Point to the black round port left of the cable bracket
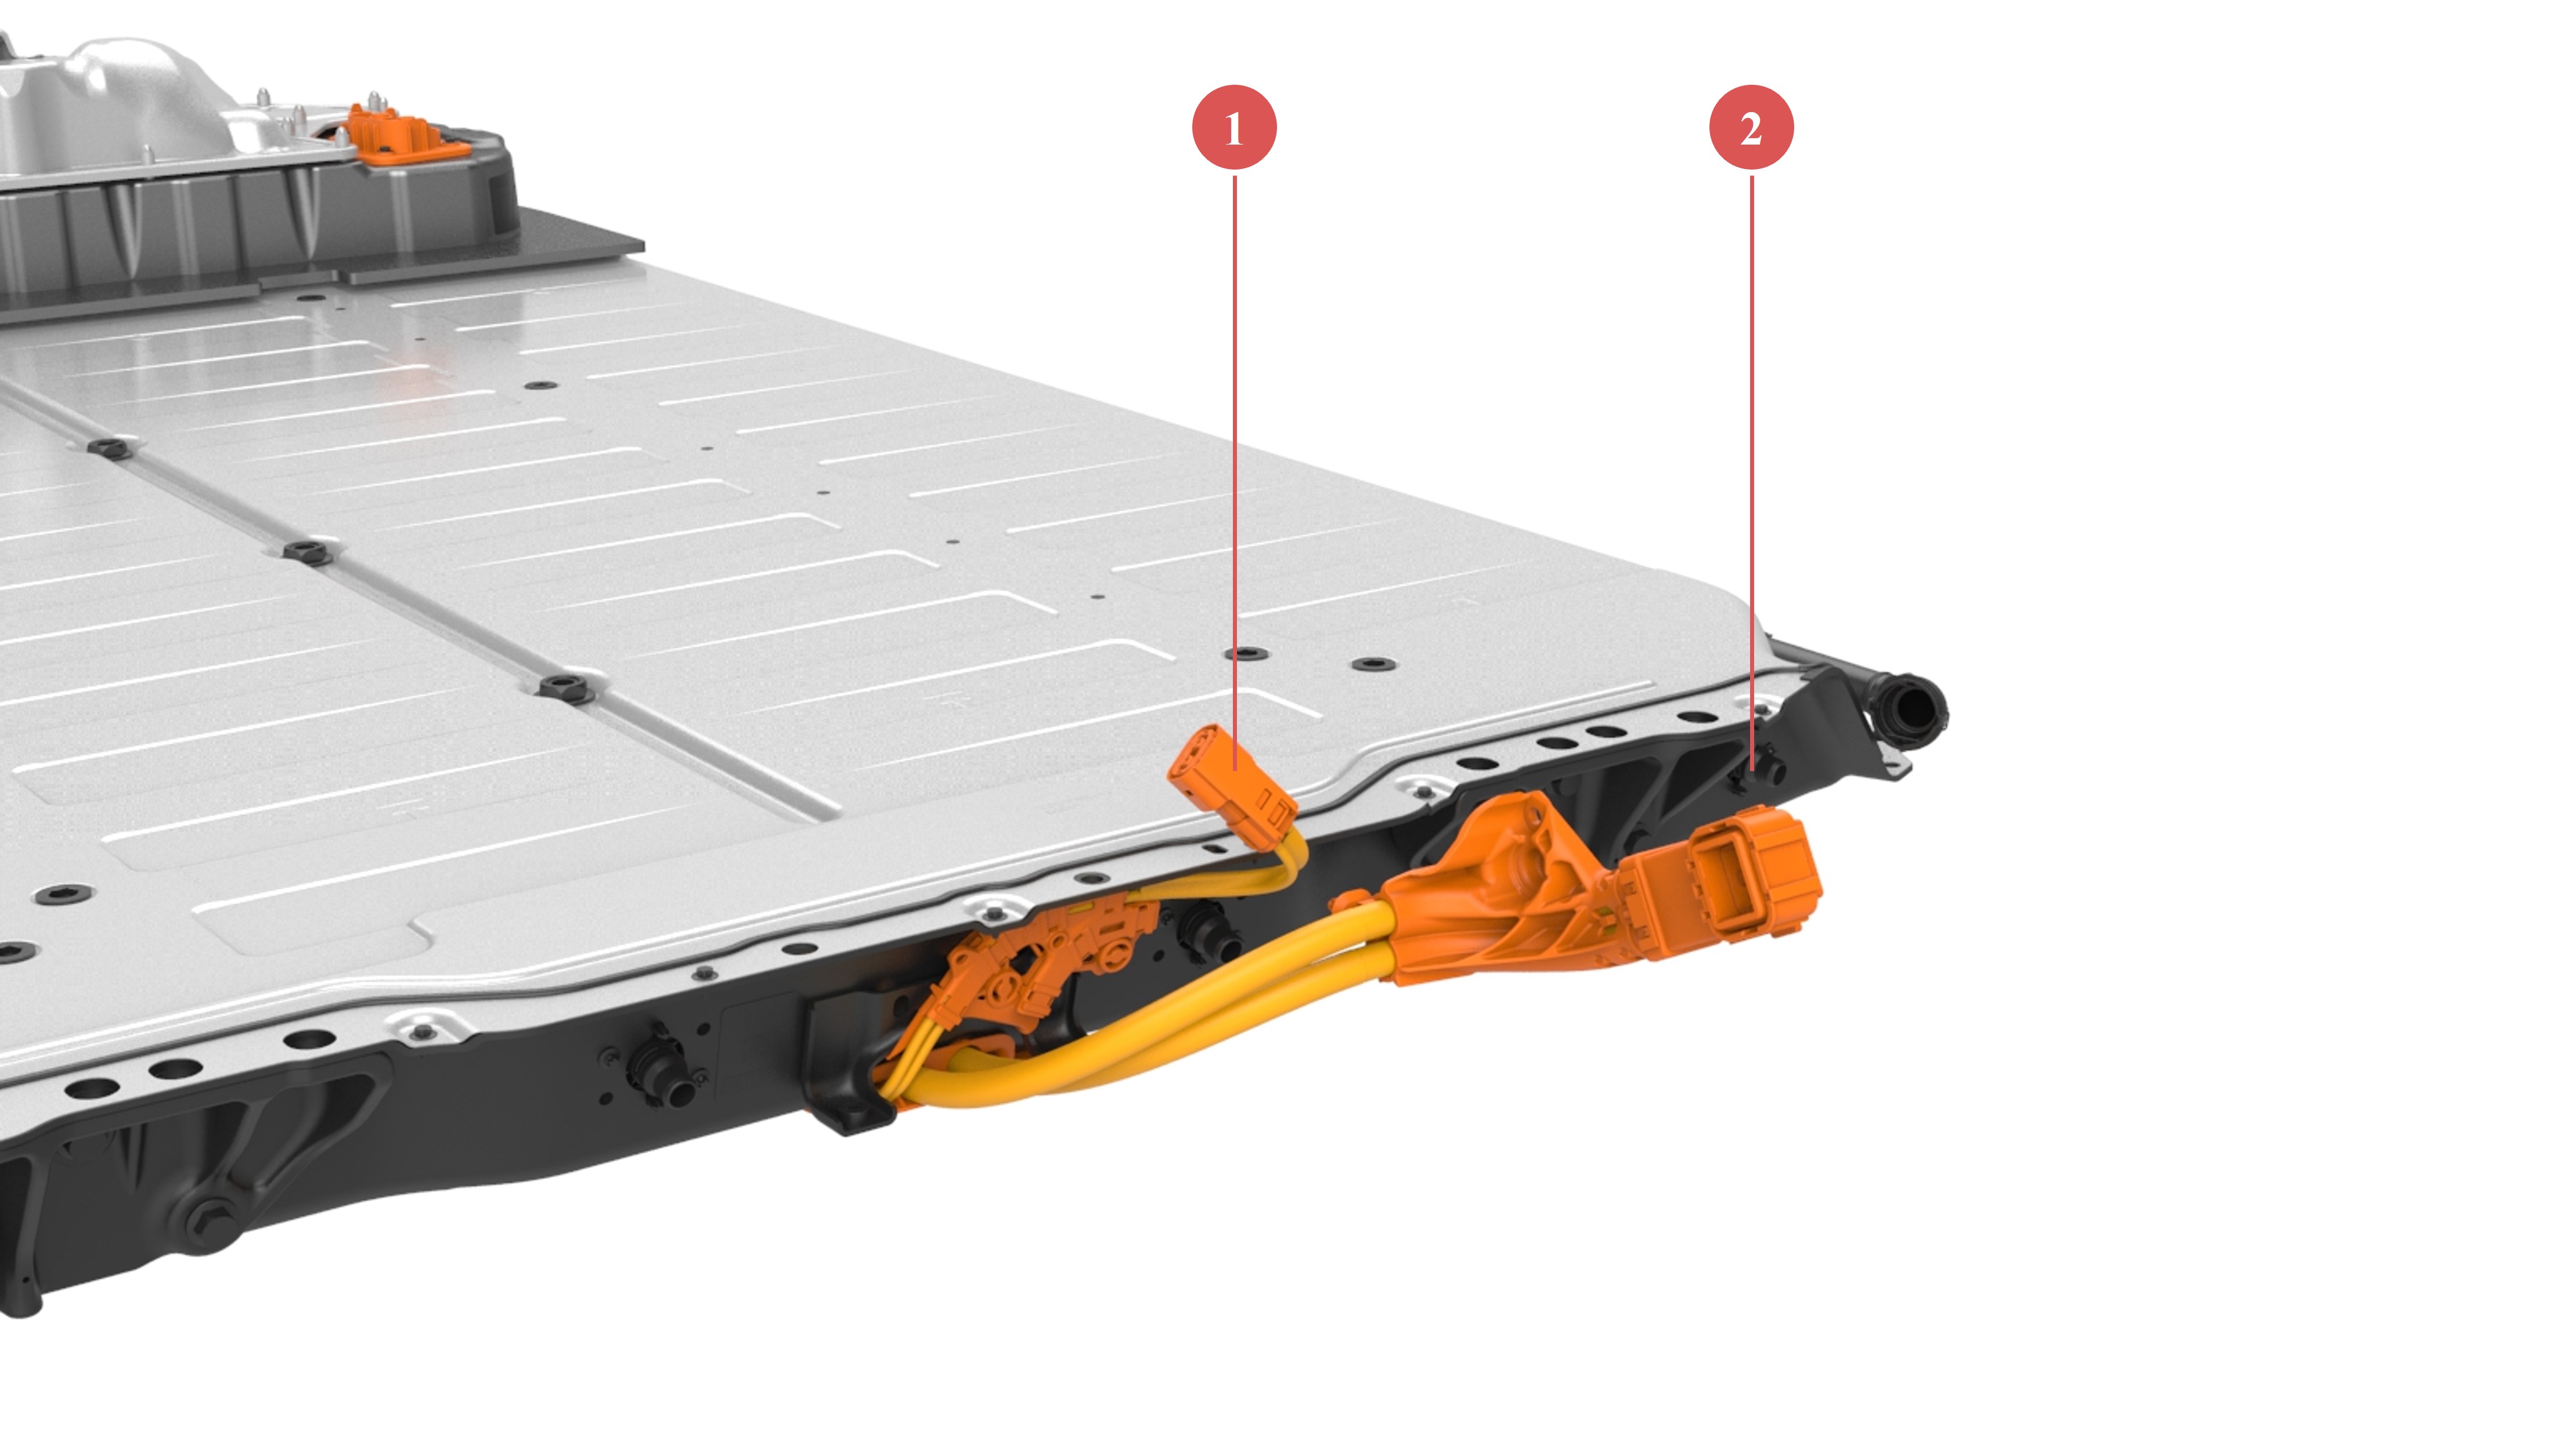659,1072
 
